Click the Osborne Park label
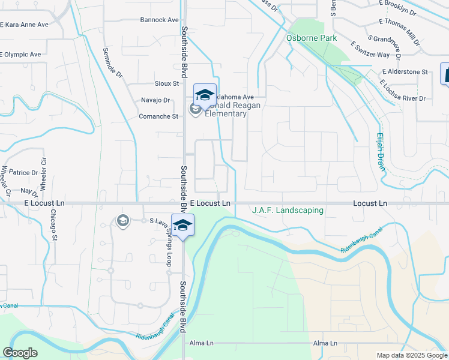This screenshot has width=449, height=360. [311, 38]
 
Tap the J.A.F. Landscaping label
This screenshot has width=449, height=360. [288, 211]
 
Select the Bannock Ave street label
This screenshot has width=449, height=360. [159, 20]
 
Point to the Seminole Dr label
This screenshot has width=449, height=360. [112, 64]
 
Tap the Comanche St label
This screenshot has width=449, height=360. [158, 116]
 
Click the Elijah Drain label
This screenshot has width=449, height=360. [380, 152]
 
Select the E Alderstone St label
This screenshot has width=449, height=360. [404, 72]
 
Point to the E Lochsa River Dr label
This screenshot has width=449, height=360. [403, 90]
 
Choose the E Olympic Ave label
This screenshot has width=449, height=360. [20, 54]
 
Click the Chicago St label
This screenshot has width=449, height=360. [54, 225]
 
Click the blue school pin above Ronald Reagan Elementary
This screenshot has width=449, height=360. [205, 95]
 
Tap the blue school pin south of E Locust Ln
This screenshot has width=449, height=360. [182, 225]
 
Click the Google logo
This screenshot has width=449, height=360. [20, 353]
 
